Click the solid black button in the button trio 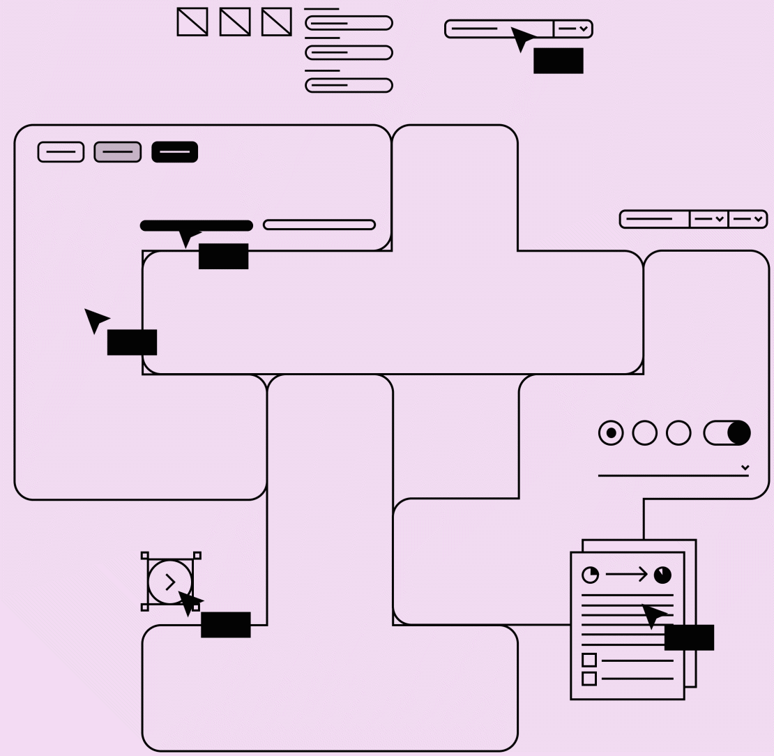(x=175, y=152)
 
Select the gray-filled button (x=118, y=152)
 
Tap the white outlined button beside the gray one (x=61, y=152)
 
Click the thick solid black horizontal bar (x=196, y=225)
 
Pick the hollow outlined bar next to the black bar (x=319, y=225)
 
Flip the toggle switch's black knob (x=738, y=433)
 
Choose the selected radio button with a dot (x=612, y=433)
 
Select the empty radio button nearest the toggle (x=678, y=433)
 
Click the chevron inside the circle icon (x=170, y=582)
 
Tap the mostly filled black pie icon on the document (x=662, y=575)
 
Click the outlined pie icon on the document (x=591, y=575)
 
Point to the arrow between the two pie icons (x=626, y=575)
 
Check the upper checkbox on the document (x=589, y=660)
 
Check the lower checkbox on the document (x=589, y=678)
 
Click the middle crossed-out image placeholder (x=235, y=22)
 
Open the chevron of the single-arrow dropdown (x=584, y=29)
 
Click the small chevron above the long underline (x=745, y=467)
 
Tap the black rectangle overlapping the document (x=689, y=637)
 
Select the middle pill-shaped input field (x=349, y=52)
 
